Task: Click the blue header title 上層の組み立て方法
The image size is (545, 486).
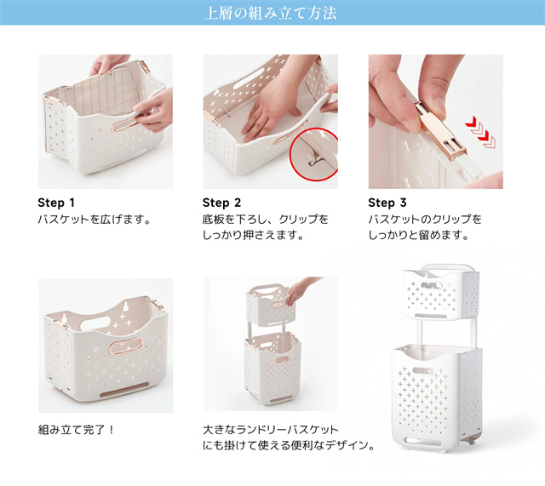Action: coord(271,13)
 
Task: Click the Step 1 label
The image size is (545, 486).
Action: coord(56,203)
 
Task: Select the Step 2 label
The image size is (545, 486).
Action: coord(221,203)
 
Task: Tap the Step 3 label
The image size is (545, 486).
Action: coord(387,203)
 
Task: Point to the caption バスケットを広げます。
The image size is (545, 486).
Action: coord(95,220)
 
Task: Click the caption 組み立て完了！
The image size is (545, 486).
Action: coord(76,430)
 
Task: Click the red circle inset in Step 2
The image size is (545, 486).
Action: coord(314,154)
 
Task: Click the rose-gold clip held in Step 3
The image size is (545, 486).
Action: coord(440,130)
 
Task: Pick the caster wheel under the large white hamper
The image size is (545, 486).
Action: coord(471,442)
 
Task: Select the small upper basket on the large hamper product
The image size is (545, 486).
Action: coord(441,294)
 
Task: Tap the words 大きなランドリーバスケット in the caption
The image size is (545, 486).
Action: coord(271,430)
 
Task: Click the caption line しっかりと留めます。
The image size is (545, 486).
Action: coord(419,235)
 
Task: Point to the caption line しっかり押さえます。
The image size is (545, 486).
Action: coord(254,235)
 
